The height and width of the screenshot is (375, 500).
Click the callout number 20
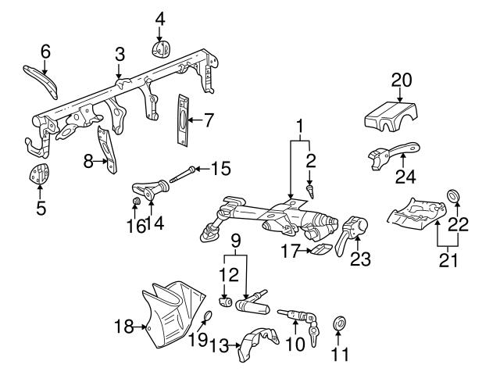point(400,80)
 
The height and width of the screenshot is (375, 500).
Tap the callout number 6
point(45,52)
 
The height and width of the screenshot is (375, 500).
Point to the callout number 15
point(222,168)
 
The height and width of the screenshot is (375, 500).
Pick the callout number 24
point(405,176)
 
